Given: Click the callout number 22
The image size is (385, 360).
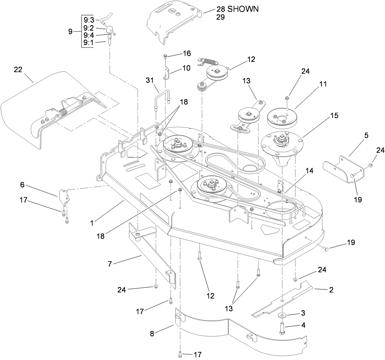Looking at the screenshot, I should [x=18, y=70].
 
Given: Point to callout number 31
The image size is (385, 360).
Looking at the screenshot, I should [x=150, y=80].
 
